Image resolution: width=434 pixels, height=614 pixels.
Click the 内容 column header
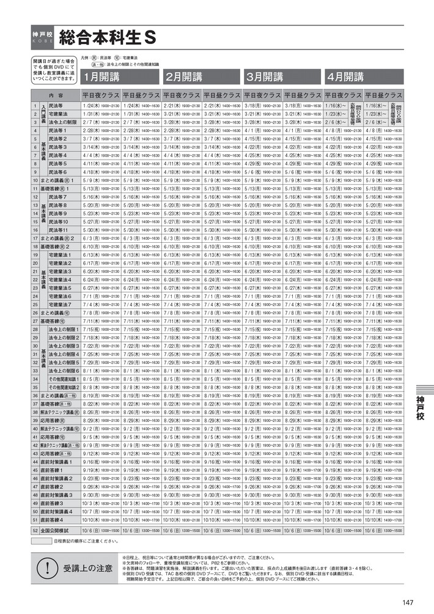click(x=56, y=95)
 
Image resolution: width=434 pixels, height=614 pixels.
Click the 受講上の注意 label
click(x=79, y=568)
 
